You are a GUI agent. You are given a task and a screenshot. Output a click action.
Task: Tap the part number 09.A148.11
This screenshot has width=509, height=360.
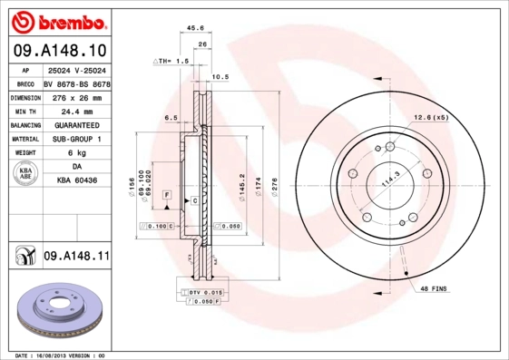pyautogui.click(x=76, y=257)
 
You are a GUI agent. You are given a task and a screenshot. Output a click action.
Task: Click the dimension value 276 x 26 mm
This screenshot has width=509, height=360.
pyautogui.click(x=76, y=96)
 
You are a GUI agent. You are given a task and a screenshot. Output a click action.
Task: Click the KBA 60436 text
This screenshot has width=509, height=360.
pyautogui.click(x=76, y=181)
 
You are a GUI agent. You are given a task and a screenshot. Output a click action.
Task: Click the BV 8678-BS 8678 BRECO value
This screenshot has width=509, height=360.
pyautogui.click(x=77, y=83)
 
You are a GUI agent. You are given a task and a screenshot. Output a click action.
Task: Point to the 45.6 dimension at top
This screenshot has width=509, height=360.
pyautogui.click(x=193, y=28)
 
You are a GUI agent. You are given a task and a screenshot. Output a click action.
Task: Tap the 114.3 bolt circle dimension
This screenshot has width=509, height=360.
pyautogui.click(x=389, y=181)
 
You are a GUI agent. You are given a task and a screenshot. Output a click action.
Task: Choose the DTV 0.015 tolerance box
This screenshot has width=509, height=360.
pyautogui.click(x=206, y=292)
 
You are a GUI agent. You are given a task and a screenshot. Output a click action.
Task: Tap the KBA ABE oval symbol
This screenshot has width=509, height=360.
pyautogui.click(x=25, y=174)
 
